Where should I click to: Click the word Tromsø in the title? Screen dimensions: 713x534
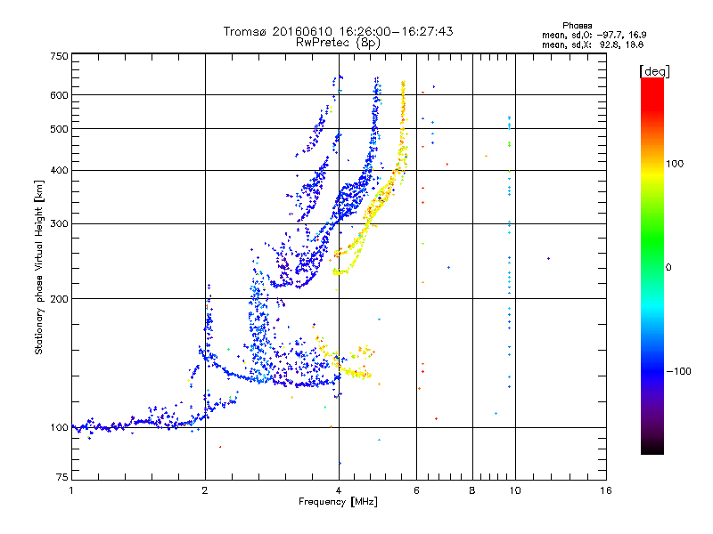pyautogui.click(x=246, y=31)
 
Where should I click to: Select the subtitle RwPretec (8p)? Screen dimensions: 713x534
pyautogui.click(x=338, y=43)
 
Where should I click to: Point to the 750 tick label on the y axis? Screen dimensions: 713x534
pyautogui.click(x=60, y=56)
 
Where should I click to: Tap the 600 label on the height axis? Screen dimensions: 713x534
pyautogui.click(x=60, y=95)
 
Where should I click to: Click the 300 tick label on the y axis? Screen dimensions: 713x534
pyautogui.click(x=60, y=223)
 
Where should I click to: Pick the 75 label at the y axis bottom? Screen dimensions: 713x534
pyautogui.click(x=62, y=477)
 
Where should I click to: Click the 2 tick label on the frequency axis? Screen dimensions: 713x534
pyautogui.click(x=205, y=490)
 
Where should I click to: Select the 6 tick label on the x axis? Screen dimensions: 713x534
pyautogui.click(x=416, y=490)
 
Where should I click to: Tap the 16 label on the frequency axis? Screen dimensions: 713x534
pyautogui.click(x=606, y=490)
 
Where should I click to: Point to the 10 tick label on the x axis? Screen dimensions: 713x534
pyautogui.click(x=515, y=490)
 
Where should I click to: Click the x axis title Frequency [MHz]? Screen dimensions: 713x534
pyautogui.click(x=338, y=502)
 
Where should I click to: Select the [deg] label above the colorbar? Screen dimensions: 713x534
pyautogui.click(x=654, y=71)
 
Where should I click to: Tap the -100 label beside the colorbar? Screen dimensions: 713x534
pyautogui.click(x=679, y=371)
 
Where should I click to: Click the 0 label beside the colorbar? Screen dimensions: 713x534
pyautogui.click(x=668, y=267)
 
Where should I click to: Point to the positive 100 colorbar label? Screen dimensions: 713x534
pyautogui.click(x=675, y=164)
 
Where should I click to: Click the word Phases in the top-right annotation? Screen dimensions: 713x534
pyautogui.click(x=577, y=26)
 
